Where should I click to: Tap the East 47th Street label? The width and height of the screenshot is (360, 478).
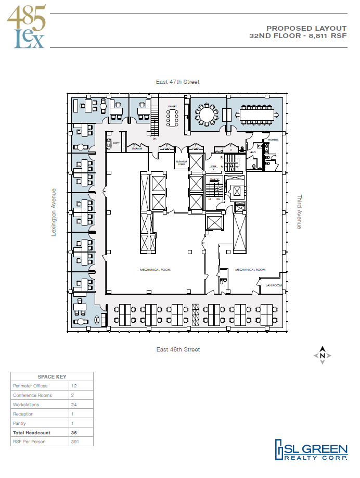(x=178, y=82)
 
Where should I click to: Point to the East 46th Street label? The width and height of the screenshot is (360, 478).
(x=178, y=349)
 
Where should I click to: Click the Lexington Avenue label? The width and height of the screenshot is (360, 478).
(x=53, y=212)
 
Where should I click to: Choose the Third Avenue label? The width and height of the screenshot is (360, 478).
(x=299, y=212)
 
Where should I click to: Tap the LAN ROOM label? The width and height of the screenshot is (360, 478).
(x=273, y=285)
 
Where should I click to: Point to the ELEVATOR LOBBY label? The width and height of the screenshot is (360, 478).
(x=182, y=162)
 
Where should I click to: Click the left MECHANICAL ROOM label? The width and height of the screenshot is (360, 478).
(x=155, y=270)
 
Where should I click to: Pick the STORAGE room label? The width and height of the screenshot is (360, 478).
(x=137, y=148)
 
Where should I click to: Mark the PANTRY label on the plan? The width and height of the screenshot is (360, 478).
(x=173, y=107)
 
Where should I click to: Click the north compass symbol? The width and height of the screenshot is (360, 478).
(x=322, y=355)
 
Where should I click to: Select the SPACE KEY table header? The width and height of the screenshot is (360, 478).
(x=52, y=376)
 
